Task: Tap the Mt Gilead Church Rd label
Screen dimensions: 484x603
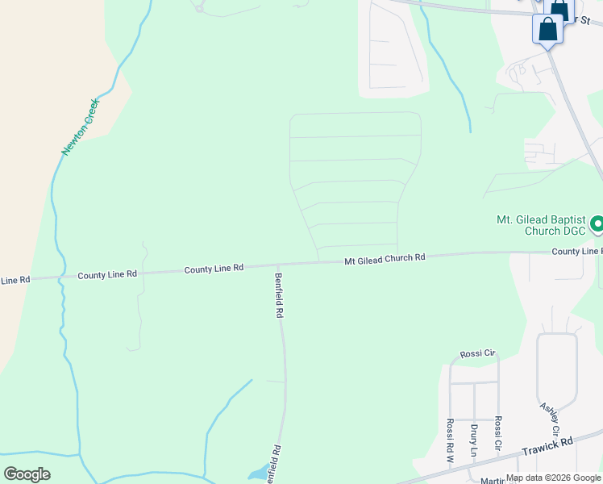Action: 385,259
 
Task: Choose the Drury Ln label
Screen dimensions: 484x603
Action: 474,436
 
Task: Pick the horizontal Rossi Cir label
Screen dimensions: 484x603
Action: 476,354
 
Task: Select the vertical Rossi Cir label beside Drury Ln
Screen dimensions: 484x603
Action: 499,433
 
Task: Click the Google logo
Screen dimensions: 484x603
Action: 27,474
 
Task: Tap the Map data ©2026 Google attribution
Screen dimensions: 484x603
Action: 553,478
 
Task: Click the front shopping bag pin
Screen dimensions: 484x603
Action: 547,29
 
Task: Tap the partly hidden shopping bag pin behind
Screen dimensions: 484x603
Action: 560,10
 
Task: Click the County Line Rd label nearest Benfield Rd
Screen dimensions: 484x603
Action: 214,269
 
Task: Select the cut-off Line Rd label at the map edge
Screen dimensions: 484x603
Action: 15,280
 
